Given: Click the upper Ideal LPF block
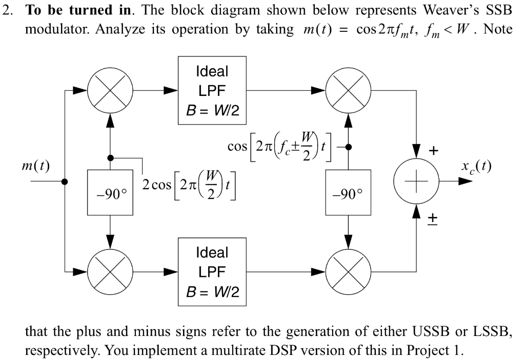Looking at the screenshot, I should (212, 90).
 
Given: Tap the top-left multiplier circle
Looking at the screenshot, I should (111, 90).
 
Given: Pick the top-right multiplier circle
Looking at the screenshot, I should (348, 90).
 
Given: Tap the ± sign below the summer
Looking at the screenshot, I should (433, 217).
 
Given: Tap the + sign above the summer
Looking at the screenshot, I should (434, 151).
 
